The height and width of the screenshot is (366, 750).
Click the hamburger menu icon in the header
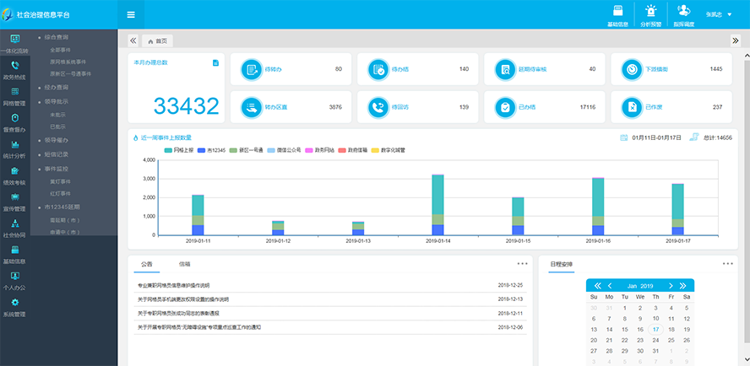pyautogui.click(x=131, y=14)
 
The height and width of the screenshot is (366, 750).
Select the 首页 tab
pyautogui.click(x=157, y=40)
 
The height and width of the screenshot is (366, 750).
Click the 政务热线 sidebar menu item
pyautogui.click(x=15, y=70)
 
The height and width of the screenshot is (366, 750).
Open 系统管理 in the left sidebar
pyautogui.click(x=15, y=308)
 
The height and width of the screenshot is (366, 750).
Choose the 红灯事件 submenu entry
pyautogui.click(x=61, y=192)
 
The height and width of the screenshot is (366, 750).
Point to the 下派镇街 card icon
pyautogui.click(x=629, y=69)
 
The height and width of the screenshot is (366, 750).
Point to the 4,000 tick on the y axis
pyautogui.click(x=149, y=160)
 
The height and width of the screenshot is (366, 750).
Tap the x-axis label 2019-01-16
pyautogui.click(x=597, y=240)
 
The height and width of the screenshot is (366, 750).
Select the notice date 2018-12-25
pyautogui.click(x=510, y=285)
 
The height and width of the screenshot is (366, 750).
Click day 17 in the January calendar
pyautogui.click(x=655, y=329)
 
